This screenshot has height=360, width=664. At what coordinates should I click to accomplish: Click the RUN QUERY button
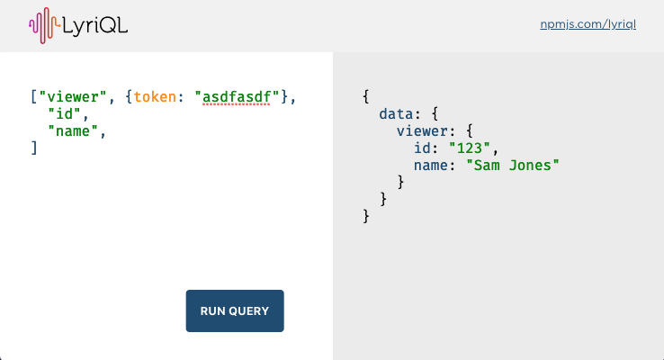(235, 311)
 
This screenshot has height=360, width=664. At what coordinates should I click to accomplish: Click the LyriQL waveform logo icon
(42, 25)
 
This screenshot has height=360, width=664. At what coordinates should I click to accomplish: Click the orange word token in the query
(156, 96)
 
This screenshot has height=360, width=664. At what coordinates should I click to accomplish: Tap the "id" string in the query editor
(65, 113)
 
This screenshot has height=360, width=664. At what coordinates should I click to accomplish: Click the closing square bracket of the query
(34, 148)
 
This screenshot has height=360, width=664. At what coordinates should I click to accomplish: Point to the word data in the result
(397, 114)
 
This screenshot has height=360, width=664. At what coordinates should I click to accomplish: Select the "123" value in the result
(473, 148)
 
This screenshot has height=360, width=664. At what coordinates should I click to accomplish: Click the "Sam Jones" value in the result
(513, 166)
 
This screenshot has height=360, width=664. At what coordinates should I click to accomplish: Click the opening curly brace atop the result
(366, 96)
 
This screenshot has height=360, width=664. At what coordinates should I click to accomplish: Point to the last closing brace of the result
(366, 216)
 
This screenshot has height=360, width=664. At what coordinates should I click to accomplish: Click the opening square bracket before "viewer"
(34, 96)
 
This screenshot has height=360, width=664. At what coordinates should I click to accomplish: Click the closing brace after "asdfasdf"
(285, 96)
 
